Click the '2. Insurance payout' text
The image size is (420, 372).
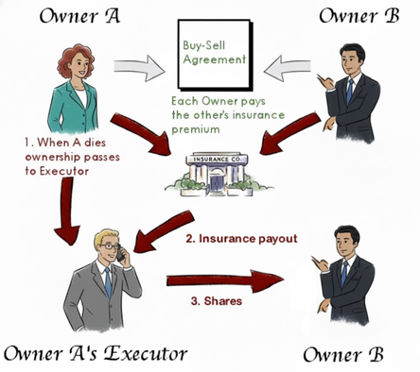click(240, 238)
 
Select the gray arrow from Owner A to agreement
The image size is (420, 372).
click(138, 68)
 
